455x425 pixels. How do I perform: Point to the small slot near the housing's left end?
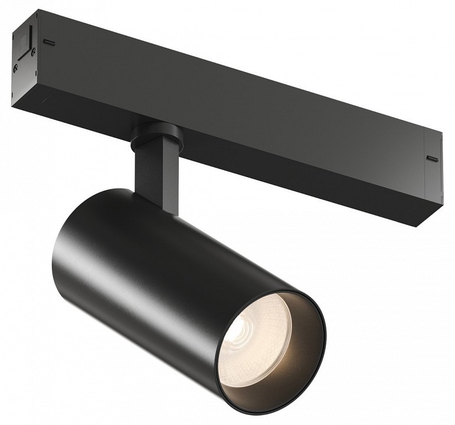[x=51, y=42]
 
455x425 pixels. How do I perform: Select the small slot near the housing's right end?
[x=432, y=158]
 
